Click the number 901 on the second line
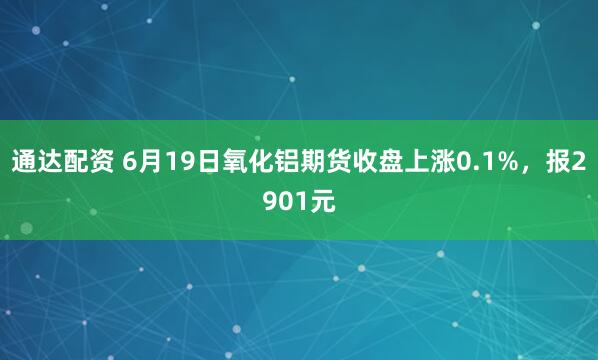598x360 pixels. click(x=280, y=201)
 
